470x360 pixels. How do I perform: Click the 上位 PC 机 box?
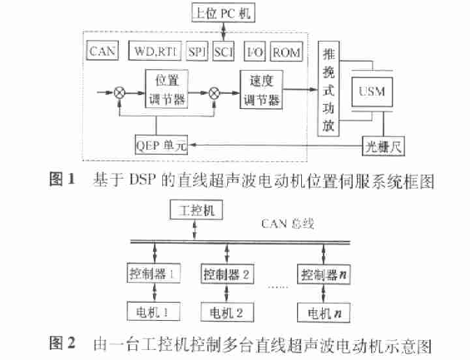tap(223, 12)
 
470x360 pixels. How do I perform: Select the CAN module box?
tap(102, 51)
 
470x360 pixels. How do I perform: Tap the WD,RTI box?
tap(155, 51)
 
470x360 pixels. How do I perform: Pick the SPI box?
tap(197, 52)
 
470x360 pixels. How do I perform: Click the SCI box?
tap(223, 52)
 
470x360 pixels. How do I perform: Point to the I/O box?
tap(255, 52)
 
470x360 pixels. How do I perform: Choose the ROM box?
tap(286, 52)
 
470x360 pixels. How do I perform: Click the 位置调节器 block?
tap(166, 89)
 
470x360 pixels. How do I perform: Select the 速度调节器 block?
tap(261, 90)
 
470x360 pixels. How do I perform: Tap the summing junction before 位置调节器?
tap(120, 92)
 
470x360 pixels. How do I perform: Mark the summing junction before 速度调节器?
tap(214, 93)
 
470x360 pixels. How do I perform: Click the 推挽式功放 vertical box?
tap(329, 89)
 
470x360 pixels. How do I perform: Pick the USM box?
tap(372, 91)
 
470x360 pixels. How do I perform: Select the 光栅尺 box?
tap(383, 146)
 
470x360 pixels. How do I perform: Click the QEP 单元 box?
tap(161, 145)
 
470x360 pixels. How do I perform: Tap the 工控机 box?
tap(196, 210)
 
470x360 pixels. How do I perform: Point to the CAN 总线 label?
tap(288, 224)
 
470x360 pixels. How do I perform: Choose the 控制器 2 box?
tap(227, 274)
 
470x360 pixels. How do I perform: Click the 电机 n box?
tap(324, 313)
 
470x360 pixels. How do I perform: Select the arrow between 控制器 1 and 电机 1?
tap(155, 292)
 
